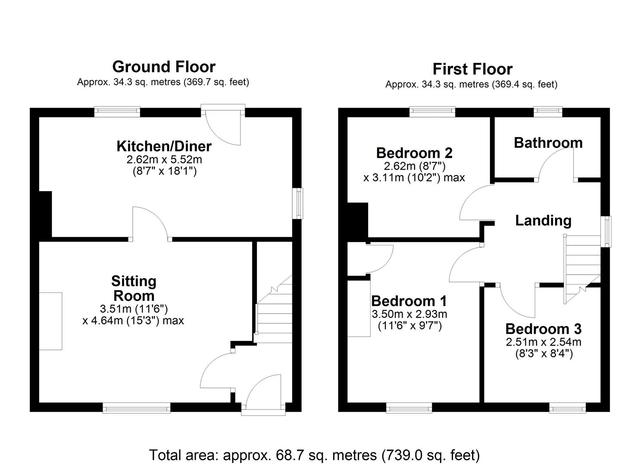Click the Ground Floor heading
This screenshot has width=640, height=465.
click(164, 67)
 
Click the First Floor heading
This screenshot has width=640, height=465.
click(472, 69)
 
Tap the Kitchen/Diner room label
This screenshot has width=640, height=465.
click(164, 146)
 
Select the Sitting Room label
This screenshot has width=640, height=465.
click(134, 288)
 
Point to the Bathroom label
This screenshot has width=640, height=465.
click(548, 143)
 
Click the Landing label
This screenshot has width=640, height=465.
click(543, 220)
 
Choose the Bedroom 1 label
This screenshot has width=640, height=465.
click(409, 301)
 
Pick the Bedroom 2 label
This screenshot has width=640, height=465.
click(414, 153)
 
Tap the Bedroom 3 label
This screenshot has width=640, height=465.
click(543, 329)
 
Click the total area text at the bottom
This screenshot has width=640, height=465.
click(314, 455)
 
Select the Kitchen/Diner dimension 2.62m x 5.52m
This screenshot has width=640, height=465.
click(164, 160)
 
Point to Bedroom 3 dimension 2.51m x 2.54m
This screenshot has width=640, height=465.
click(543, 342)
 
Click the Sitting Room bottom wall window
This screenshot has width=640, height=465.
click(136, 408)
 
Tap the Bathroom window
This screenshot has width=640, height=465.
click(548, 112)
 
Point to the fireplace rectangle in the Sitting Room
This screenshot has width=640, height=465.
click(50, 321)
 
